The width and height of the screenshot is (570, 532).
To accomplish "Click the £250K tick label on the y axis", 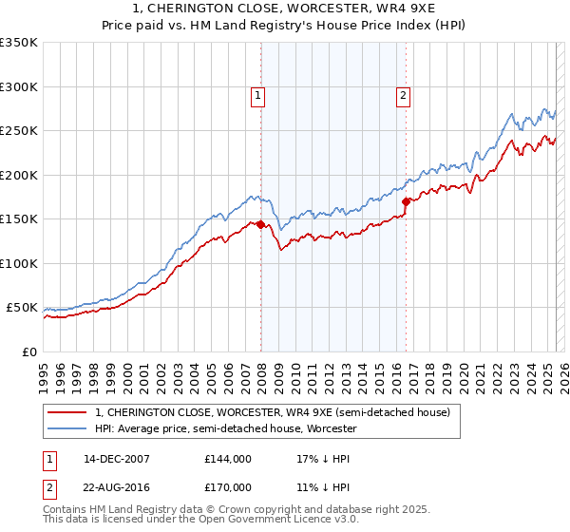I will point(19,131).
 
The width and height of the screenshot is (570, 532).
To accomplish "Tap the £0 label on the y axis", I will point(29,352).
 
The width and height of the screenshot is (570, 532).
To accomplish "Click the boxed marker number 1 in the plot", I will point(258,95).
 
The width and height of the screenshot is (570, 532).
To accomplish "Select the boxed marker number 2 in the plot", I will point(404,95).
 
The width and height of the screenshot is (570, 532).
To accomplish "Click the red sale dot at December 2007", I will point(260,225).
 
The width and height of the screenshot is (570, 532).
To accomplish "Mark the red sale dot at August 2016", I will point(406,201).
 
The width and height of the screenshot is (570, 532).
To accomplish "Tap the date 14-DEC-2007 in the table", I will point(117,459).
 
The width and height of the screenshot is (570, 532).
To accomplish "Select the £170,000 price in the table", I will point(228,485).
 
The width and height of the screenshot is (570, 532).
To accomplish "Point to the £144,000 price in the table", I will point(228,459).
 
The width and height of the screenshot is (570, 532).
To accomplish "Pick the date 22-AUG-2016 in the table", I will point(117,485).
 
